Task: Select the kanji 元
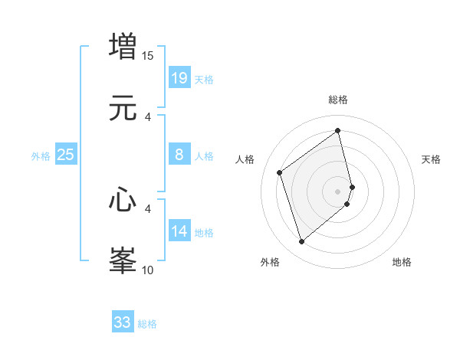coord(123,108)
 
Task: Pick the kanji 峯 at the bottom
coord(123,260)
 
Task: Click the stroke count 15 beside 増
coord(148,55)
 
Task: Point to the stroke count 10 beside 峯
coord(148,270)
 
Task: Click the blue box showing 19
coord(179,77)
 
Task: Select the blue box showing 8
coord(179,155)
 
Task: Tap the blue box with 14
coord(179,231)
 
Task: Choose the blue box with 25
coord(66,155)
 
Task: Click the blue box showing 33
coord(123,322)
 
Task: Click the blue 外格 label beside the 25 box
coord(41,156)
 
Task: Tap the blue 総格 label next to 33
coord(147,324)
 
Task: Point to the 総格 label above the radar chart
coord(338,100)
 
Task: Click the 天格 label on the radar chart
coord(432,159)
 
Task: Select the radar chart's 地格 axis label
coord(402,262)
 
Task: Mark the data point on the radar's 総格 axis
coord(338,130)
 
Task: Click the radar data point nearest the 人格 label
coord(280,173)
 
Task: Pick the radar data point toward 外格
coord(302,242)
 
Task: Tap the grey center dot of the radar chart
coord(338,191)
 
